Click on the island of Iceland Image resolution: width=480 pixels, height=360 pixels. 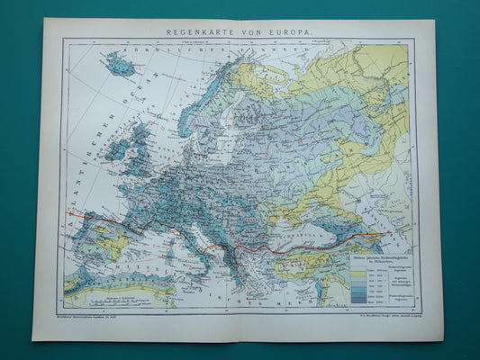[x=120, y=64]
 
